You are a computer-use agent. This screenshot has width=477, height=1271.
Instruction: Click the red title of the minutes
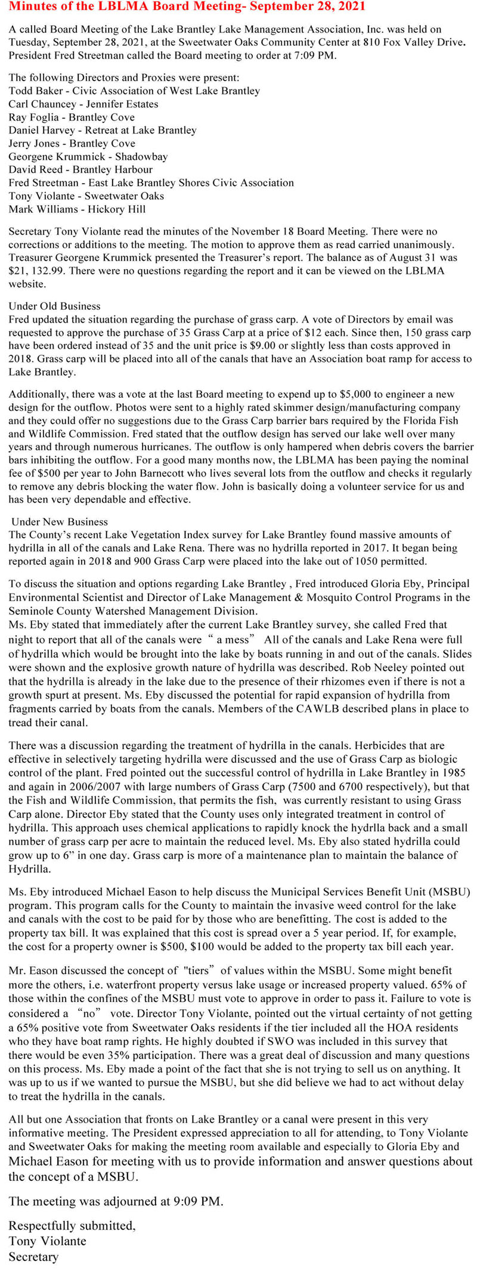[188, 7]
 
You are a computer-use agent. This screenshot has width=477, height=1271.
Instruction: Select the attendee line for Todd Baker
[134, 91]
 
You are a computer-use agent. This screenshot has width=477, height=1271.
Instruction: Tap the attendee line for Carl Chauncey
[83, 104]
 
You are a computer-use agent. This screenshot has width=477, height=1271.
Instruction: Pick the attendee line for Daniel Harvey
[103, 130]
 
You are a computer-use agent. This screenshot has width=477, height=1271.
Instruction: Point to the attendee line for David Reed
[80, 169]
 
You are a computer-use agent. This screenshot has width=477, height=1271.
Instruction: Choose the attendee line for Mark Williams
[77, 209]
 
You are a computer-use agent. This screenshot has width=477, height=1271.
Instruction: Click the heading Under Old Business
[54, 306]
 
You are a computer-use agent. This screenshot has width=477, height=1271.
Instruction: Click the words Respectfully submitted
[72, 1226]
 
